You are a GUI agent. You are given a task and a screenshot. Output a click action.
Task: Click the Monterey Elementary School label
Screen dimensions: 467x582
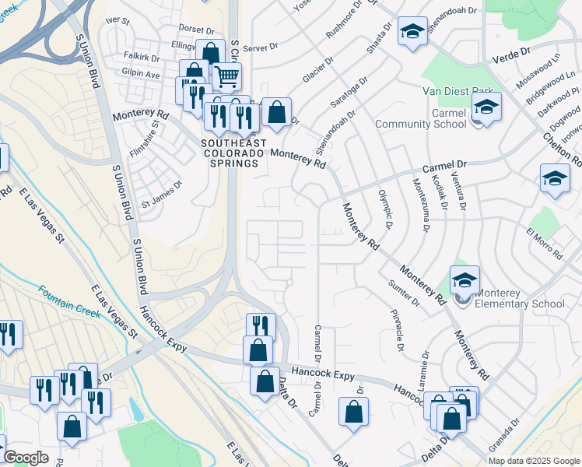[520, 298]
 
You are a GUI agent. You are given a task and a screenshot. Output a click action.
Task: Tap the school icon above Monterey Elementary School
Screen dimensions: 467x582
[465, 280]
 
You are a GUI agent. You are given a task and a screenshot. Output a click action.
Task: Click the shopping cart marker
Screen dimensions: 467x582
[226, 76]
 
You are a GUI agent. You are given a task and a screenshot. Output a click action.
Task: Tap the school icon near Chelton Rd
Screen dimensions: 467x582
[555, 177]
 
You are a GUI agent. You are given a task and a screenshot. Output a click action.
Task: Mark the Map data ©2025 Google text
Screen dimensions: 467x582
[534, 461]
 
